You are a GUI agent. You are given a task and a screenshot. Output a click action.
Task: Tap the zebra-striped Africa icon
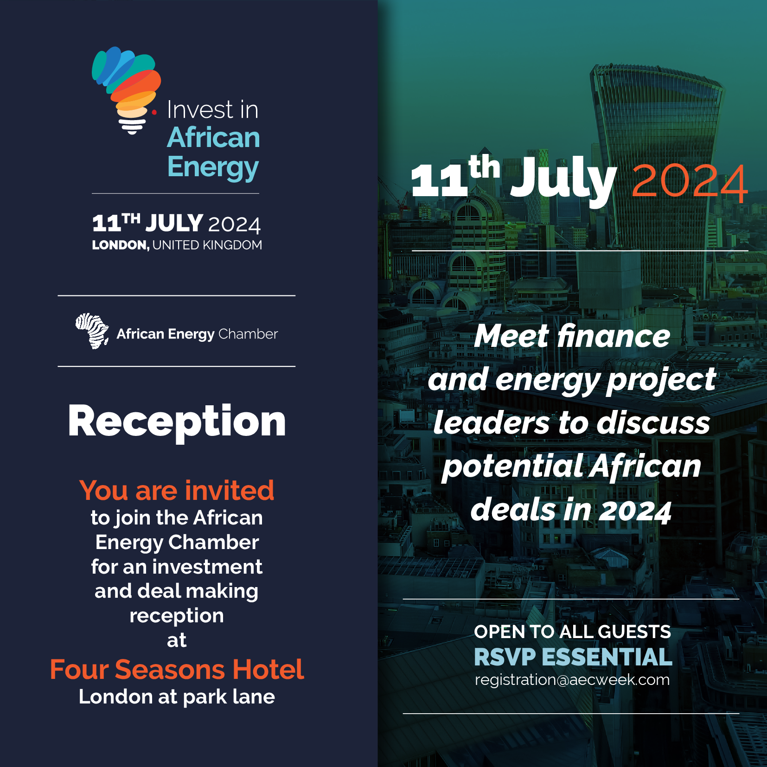(92, 331)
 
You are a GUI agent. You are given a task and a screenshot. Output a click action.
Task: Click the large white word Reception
(177, 422)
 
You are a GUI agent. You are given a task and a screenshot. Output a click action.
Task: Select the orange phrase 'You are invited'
(177, 490)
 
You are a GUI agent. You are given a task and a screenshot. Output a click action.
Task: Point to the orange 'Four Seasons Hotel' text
(177, 669)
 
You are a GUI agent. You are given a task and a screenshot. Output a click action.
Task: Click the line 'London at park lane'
(177, 697)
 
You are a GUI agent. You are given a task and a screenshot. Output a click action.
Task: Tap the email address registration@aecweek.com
(572, 680)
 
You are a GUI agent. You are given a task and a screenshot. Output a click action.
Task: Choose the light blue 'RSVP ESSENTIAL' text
(573, 657)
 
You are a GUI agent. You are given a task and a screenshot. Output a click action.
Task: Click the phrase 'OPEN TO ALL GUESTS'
(572, 632)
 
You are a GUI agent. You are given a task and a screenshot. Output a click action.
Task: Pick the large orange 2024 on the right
(689, 183)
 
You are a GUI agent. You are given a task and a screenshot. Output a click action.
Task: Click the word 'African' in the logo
(213, 138)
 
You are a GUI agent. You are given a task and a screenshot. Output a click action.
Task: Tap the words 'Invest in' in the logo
(212, 110)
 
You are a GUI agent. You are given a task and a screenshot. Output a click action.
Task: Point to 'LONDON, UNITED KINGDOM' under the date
(177, 245)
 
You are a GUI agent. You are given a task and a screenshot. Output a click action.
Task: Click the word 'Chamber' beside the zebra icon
(248, 334)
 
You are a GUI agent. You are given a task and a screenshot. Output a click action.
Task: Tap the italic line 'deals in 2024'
(571, 510)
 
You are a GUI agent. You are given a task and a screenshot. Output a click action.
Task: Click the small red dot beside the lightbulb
(154, 112)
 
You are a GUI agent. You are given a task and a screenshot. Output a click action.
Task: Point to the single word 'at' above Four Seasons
(177, 640)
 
